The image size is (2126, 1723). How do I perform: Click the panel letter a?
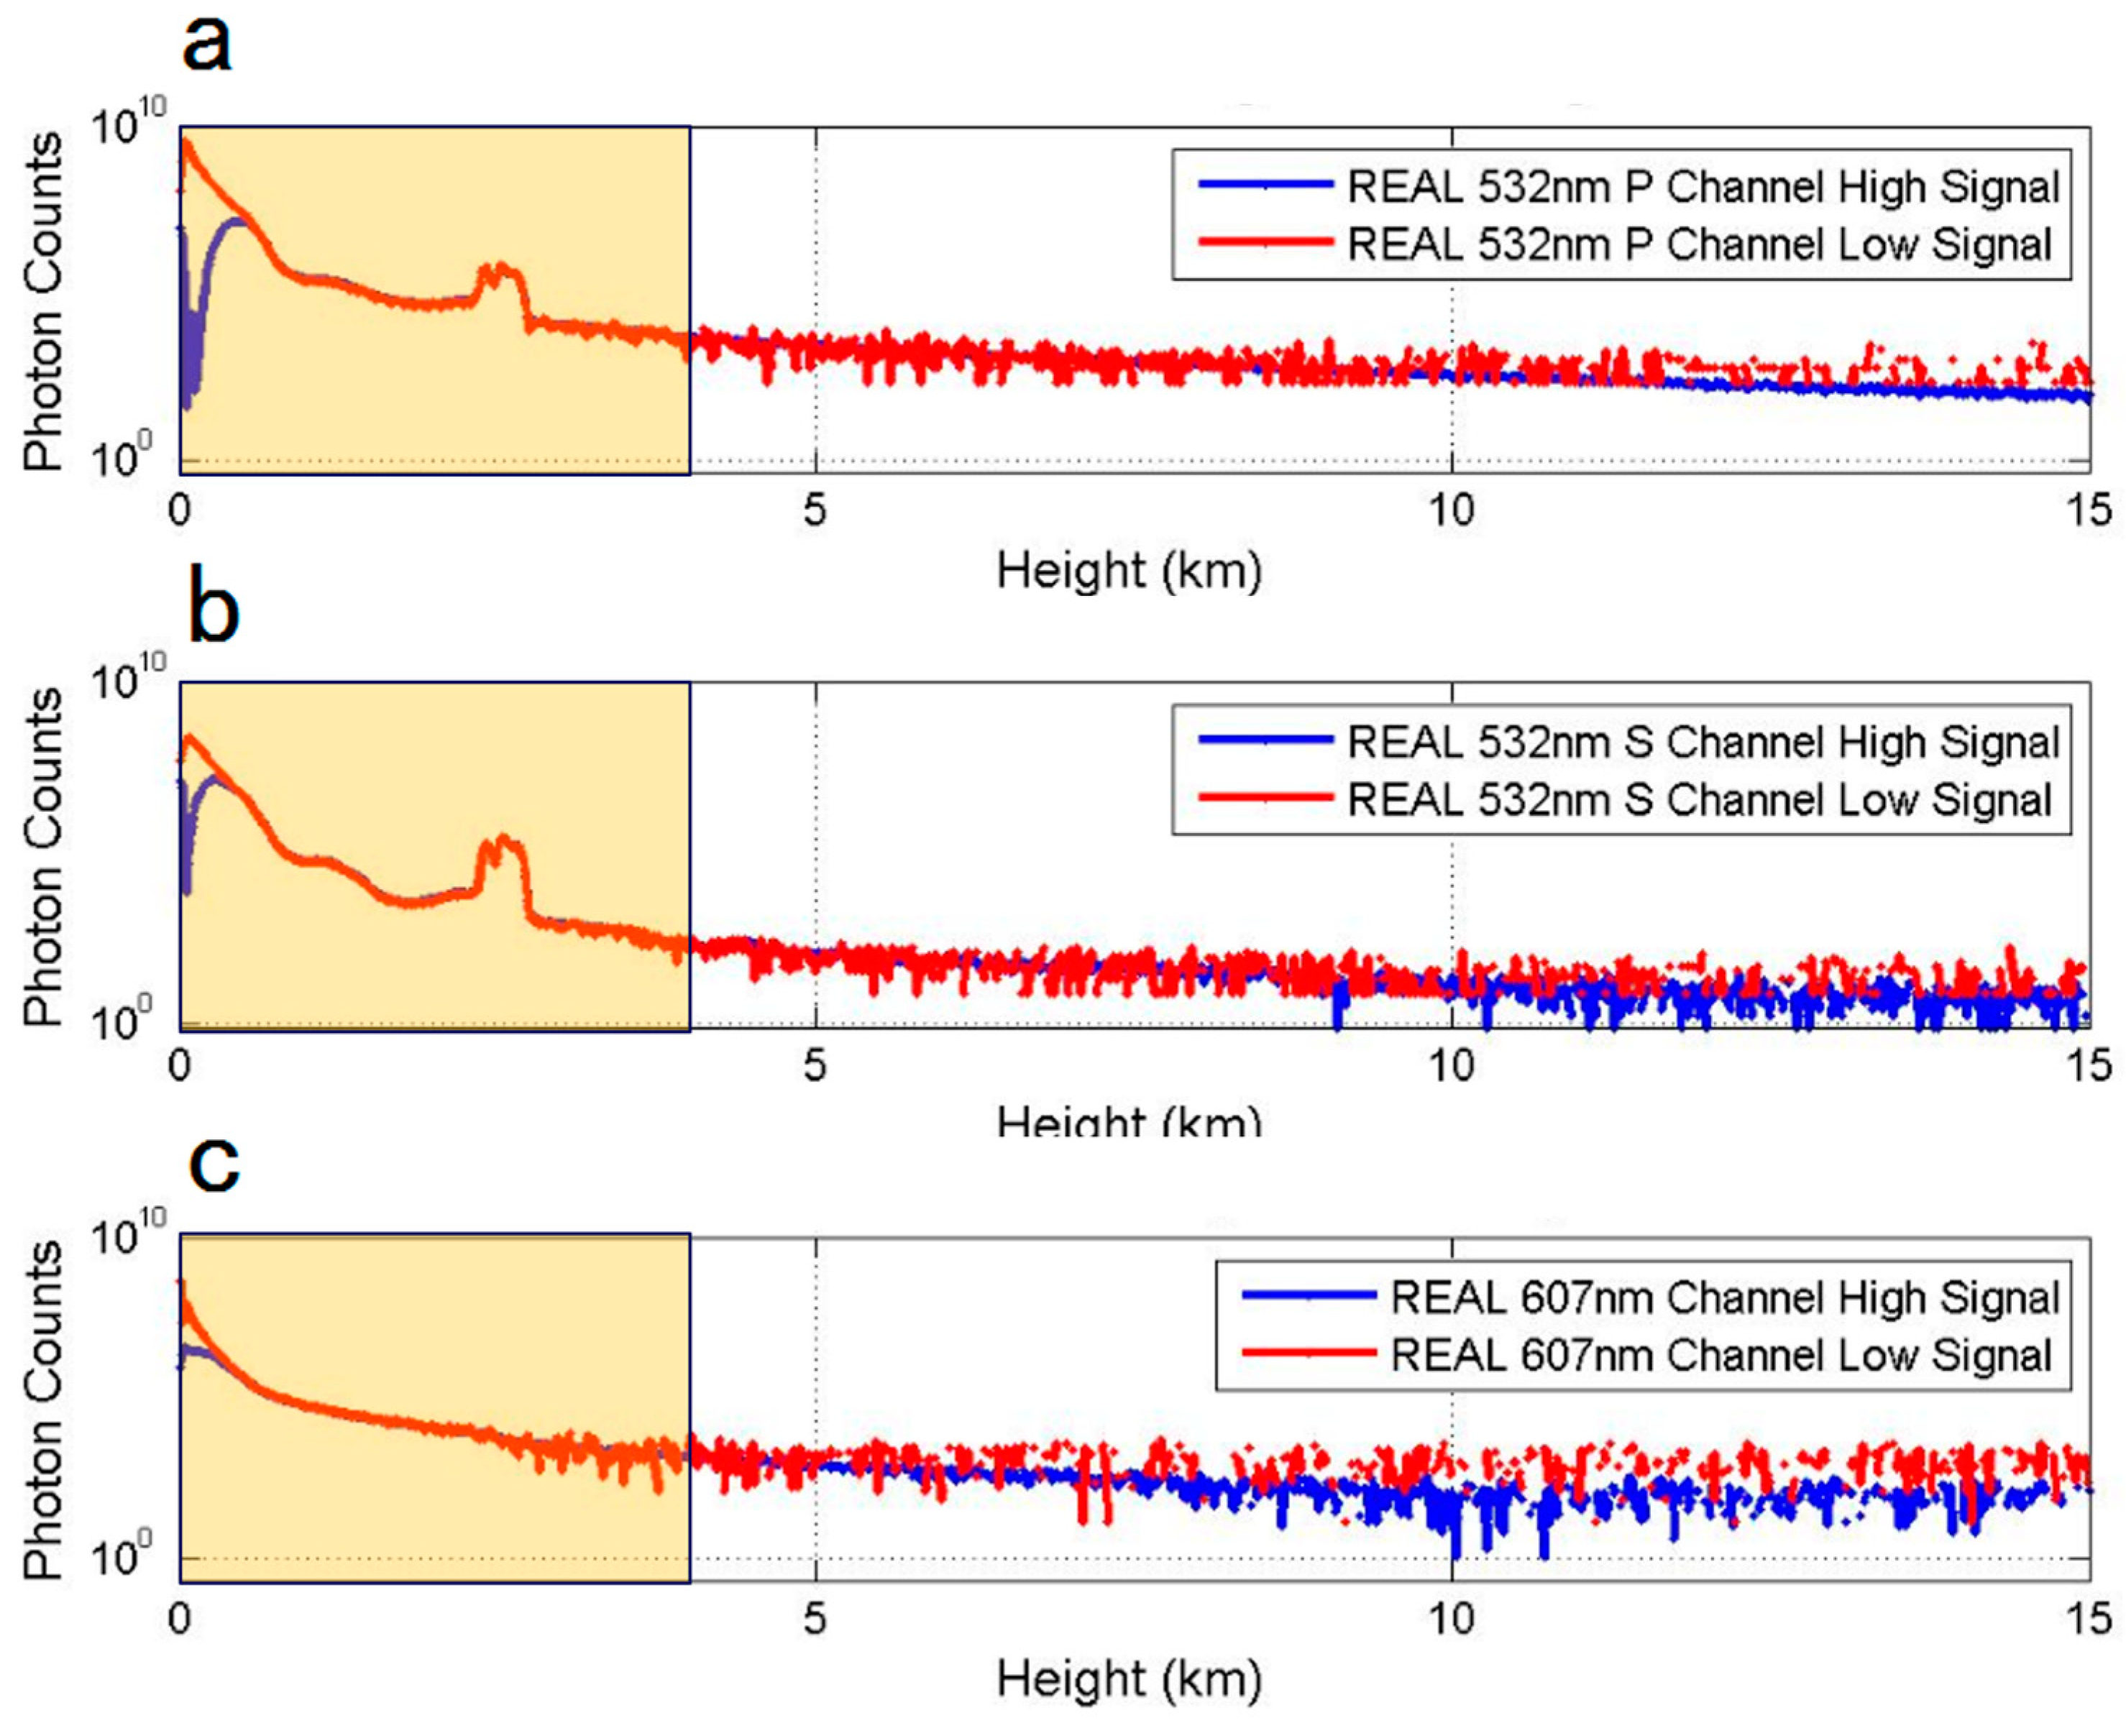[x=208, y=45]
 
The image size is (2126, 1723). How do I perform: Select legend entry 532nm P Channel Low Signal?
[x=1698, y=244]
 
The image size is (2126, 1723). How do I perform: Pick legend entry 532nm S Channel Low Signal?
[x=1698, y=800]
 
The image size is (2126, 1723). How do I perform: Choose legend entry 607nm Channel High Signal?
[x=1724, y=1297]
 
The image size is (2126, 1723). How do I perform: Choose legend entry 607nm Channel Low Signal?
[x=1720, y=1356]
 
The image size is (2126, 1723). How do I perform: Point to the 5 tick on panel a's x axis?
[x=815, y=510]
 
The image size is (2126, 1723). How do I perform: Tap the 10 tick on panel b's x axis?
[x=1450, y=1066]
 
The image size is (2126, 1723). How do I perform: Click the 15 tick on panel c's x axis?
[x=2089, y=1619]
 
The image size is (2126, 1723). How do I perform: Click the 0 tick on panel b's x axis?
[x=180, y=1066]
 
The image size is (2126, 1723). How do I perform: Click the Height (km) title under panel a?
[x=1129, y=571]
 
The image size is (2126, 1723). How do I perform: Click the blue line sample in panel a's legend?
[x=1265, y=185]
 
